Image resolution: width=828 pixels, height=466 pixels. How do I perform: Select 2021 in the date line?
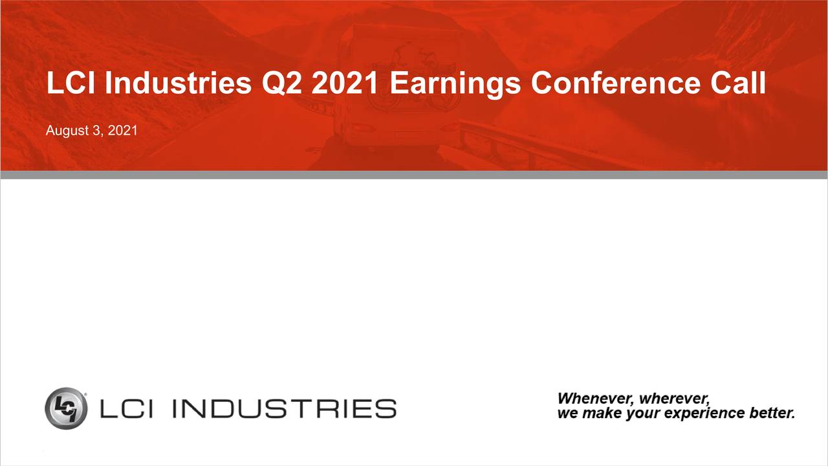point(123,131)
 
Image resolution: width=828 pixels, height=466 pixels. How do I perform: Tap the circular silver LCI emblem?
point(66,408)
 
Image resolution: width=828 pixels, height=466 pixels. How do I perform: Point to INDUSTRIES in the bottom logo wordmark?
point(285,408)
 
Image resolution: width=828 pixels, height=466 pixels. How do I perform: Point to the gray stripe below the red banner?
point(414,175)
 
